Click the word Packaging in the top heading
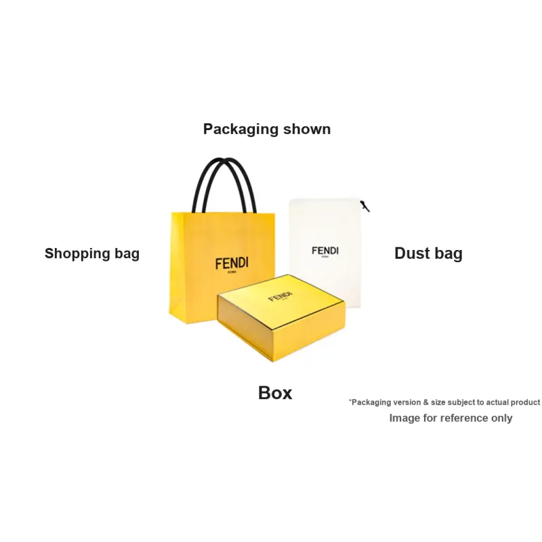[x=241, y=129]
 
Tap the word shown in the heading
[x=307, y=129]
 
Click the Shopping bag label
[x=92, y=253]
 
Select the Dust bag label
[x=428, y=253]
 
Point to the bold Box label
[x=275, y=393]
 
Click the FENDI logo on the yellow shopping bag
[x=232, y=264]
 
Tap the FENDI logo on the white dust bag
[x=325, y=251]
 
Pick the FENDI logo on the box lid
[x=280, y=297]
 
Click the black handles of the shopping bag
[x=224, y=185]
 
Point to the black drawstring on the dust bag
[x=365, y=206]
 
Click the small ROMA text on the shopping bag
[x=232, y=272]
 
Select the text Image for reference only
[x=451, y=418]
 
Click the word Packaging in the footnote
[x=371, y=402]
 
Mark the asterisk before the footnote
[x=350, y=400]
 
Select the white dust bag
[x=325, y=252]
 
